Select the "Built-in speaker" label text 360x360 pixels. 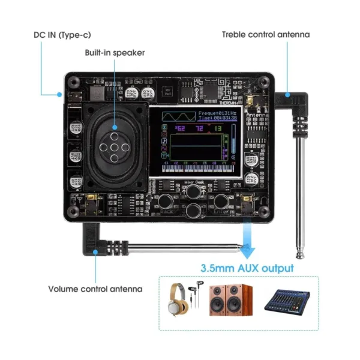point(115,53)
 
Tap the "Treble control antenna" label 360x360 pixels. point(266,34)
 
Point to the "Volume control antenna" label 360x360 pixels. point(95,289)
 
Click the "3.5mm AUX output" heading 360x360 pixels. point(247,268)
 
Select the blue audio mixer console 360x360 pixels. point(286,299)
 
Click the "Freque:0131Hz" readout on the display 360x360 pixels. point(217,112)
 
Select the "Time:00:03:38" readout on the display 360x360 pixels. point(217,118)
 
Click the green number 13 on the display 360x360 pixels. point(217,128)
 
